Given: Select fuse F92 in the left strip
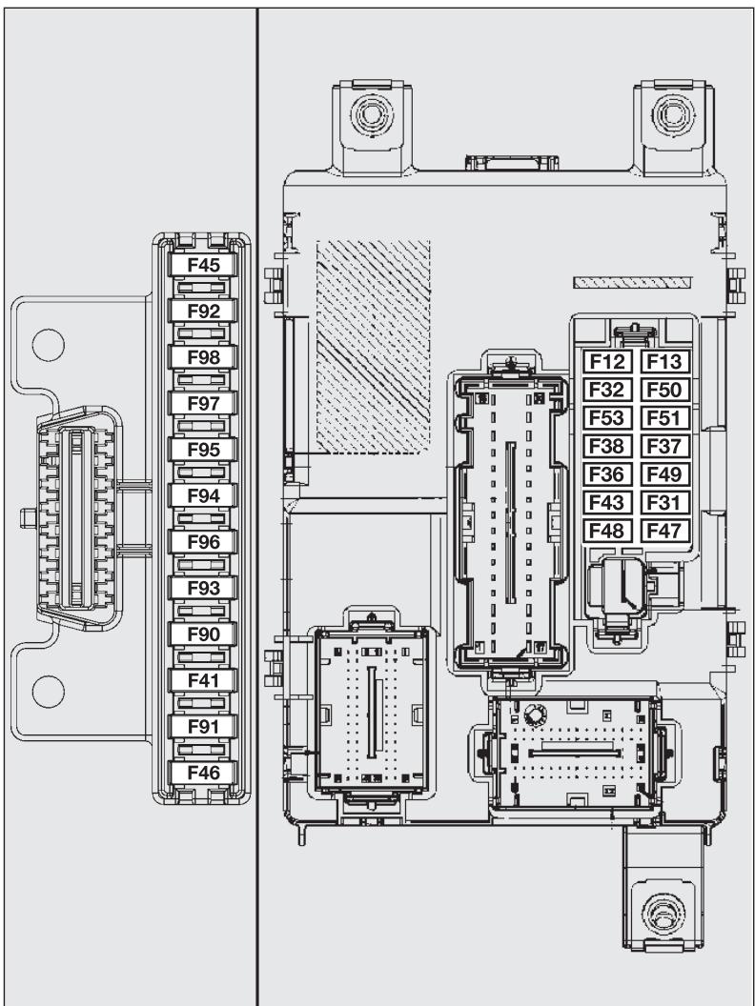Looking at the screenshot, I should click(x=203, y=312).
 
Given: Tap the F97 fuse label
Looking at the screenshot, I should click(x=203, y=404).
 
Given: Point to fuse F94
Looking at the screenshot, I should click(x=203, y=496).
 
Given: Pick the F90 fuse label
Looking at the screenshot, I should click(x=203, y=634).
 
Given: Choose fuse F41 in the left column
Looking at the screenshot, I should click(x=203, y=680).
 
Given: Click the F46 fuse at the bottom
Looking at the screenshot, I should click(x=203, y=773).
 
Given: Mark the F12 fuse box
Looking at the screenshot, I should click(x=605, y=361).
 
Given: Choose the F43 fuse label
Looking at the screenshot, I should click(x=605, y=503).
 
